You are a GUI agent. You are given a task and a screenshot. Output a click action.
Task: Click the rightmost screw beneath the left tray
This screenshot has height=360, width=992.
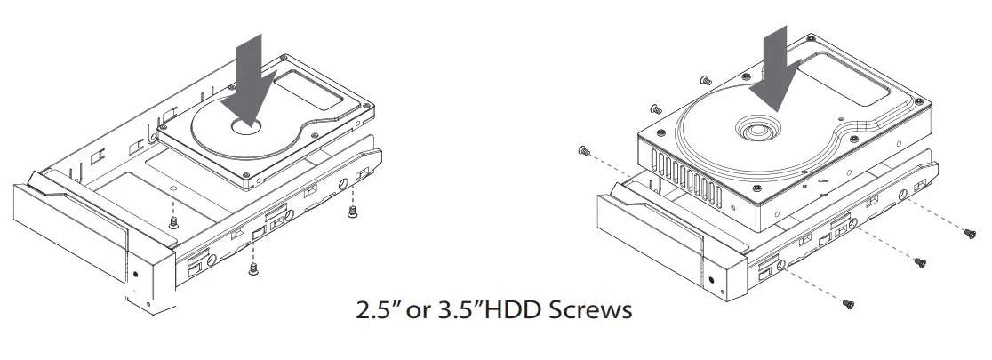click(x=353, y=212)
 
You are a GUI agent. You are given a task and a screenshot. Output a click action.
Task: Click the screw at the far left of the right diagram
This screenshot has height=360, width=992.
click(x=583, y=151)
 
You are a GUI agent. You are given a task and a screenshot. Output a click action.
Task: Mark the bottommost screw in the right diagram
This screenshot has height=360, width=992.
click(x=848, y=304)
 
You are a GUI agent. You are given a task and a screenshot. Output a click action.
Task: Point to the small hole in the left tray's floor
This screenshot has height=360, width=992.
click(x=173, y=188)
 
